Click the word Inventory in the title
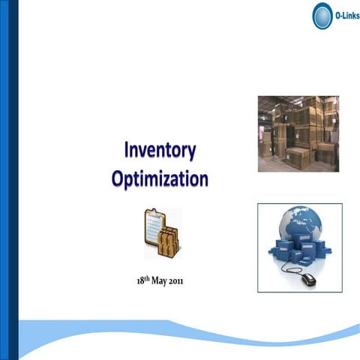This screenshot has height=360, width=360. tap(160, 151)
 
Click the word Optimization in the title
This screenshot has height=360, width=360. tap(160, 179)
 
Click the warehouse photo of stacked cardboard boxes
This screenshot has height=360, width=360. tap(298, 133)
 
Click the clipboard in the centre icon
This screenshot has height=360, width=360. tap(154, 229)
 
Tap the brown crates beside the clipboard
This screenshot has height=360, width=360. tap(169, 242)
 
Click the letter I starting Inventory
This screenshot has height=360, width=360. tap(127, 151)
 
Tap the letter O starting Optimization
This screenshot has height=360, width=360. tap(118, 179)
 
